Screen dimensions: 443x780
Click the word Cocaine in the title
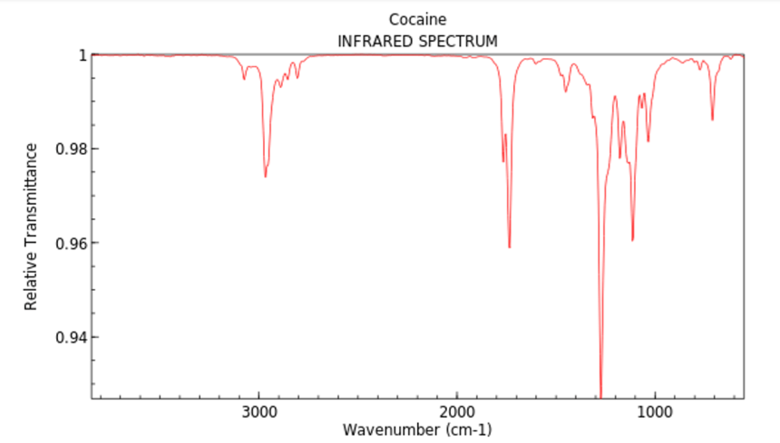[x=417, y=19]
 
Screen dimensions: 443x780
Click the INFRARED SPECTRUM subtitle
[x=417, y=41]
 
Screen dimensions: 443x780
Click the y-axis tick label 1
[x=81, y=54]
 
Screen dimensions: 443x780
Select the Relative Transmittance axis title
[x=32, y=226]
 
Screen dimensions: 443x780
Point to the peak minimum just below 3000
[x=265, y=176]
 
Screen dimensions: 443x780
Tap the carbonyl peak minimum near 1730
[x=510, y=247]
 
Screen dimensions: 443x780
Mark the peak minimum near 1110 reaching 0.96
[x=632, y=240]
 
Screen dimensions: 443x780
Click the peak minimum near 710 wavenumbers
[x=712, y=120]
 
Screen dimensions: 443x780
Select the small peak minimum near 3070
[x=244, y=79]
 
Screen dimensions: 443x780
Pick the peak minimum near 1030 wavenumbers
[x=648, y=141]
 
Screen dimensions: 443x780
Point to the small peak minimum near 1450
[x=565, y=91]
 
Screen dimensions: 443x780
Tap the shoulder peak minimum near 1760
[x=503, y=162]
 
